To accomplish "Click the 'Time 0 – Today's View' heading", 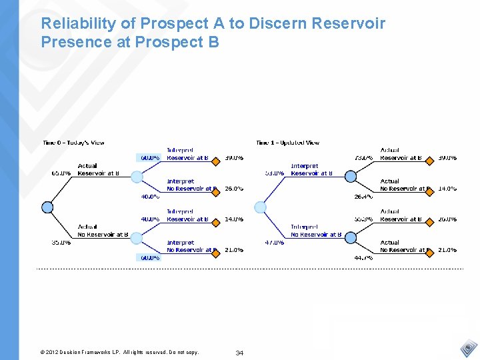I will [73, 143].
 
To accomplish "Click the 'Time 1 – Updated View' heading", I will [287, 143].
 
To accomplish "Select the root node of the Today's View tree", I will [47, 207].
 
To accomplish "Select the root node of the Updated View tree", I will [261, 207].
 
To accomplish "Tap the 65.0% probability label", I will [61, 173].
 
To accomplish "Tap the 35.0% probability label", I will [61, 243].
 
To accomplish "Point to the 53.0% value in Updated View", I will [274, 173].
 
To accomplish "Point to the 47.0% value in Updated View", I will [274, 243].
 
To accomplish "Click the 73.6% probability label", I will [363, 158].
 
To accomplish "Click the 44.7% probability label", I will [363, 257].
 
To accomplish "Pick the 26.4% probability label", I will [363, 197].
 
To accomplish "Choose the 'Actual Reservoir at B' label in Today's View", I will [97, 169].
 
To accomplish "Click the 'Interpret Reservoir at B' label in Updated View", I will [314, 169].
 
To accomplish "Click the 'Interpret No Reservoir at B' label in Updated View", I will [315, 231].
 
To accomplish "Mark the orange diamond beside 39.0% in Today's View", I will [216, 158].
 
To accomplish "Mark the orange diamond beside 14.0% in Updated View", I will [429, 189].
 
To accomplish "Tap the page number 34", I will [239, 353].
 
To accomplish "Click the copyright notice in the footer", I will [119, 352].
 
